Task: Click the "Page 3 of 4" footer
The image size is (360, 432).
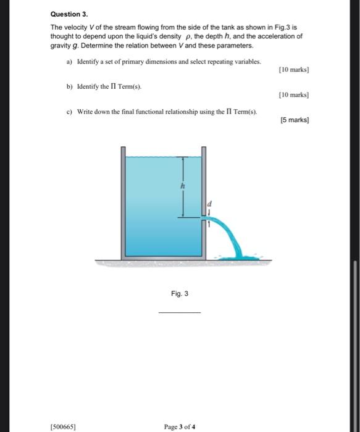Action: point(180,426)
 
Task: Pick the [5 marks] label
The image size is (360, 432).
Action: point(294,120)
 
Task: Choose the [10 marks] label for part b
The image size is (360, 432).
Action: point(293,95)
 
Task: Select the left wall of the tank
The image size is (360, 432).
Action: point(123,204)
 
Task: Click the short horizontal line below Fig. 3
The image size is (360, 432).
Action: point(180,312)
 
